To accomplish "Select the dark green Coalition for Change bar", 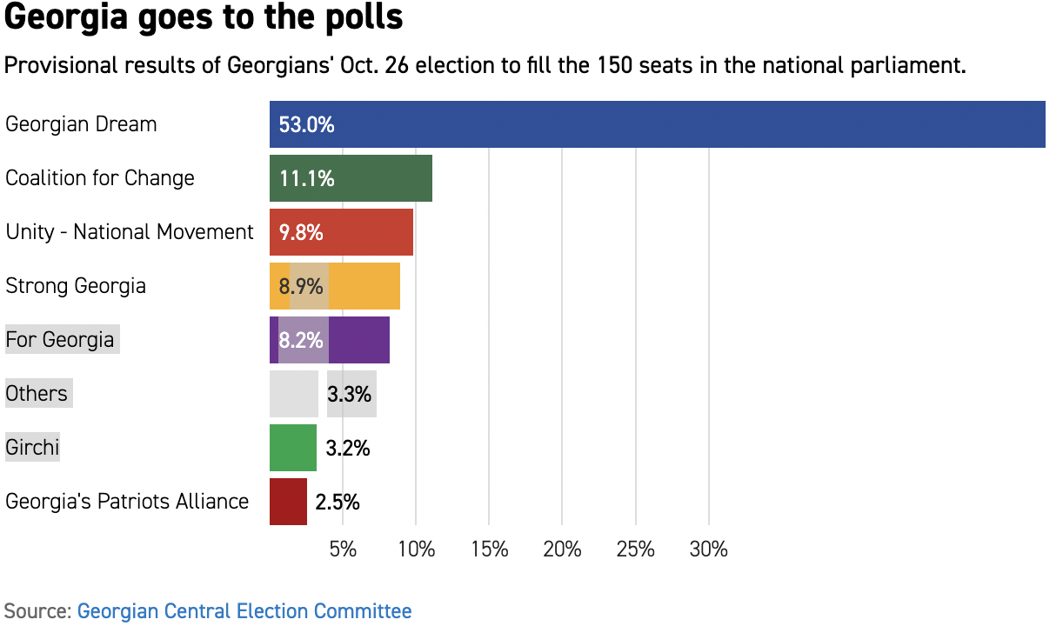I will (x=383, y=178).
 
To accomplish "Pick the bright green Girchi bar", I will (x=293, y=448).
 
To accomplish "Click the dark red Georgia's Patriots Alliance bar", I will (x=288, y=502).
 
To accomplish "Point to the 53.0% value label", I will (x=306, y=124).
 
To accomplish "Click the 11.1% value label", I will (x=306, y=178).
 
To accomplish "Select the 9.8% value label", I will (x=301, y=232).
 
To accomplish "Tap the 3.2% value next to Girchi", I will (x=348, y=449).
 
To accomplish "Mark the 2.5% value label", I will (x=338, y=502).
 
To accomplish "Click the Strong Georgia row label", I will (x=76, y=286).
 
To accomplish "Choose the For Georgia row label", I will (x=60, y=339).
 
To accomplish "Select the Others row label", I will (x=37, y=394).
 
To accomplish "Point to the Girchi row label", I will (x=32, y=448).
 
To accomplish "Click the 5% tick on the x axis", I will (x=343, y=549).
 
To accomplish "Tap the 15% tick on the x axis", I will (x=489, y=549).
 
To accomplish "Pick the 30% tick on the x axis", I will (x=708, y=549).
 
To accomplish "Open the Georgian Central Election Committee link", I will (x=244, y=610).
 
